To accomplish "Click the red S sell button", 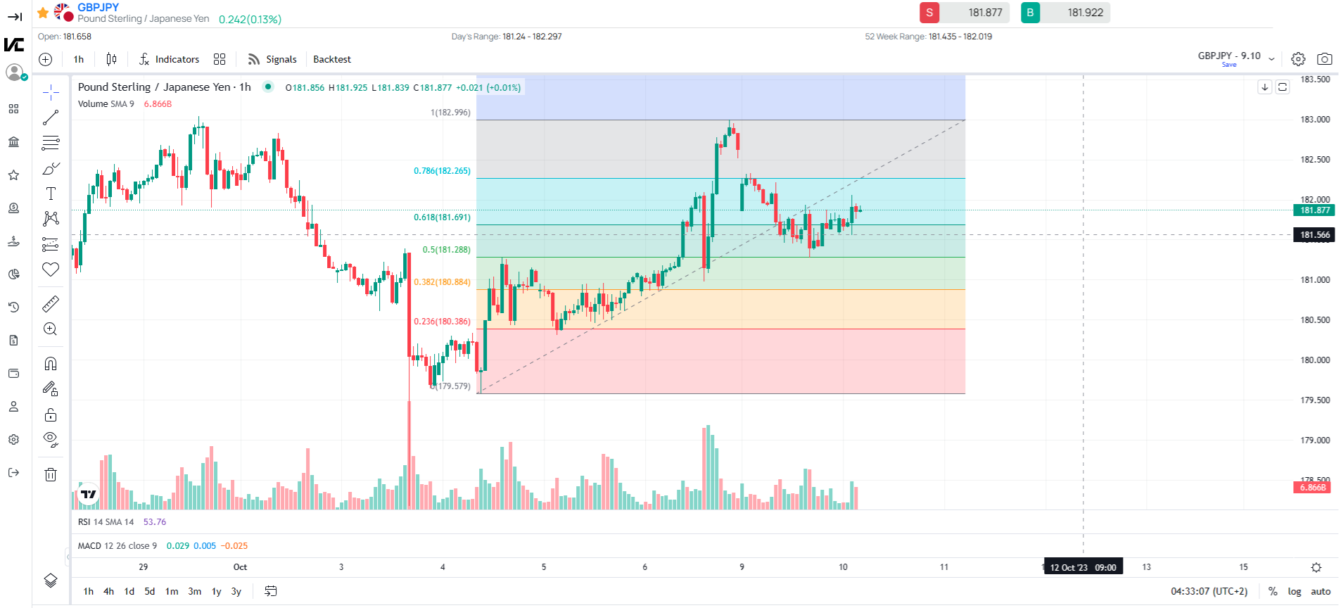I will click(929, 13).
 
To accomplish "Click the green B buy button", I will click(1030, 13).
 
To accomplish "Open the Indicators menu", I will click(170, 59).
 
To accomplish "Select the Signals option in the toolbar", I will click(273, 59).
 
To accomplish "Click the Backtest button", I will click(331, 59).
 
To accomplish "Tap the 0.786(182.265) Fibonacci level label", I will click(442, 171).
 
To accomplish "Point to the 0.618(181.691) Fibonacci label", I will click(442, 217).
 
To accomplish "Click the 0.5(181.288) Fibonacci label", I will click(446, 250).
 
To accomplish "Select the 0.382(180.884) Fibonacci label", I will click(442, 282).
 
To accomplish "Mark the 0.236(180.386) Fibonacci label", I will click(442, 322).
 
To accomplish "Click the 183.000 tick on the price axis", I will click(1314, 120).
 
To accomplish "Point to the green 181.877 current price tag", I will click(1314, 210).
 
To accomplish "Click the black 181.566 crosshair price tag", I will click(1314, 235).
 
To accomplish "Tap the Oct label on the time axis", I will click(240, 567).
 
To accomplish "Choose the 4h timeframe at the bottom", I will click(108, 591).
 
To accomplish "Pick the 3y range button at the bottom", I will click(236, 591).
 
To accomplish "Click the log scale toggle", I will click(1294, 591).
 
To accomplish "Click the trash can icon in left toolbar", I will click(51, 474).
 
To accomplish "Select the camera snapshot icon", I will click(1324, 59).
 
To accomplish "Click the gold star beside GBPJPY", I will click(43, 13).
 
